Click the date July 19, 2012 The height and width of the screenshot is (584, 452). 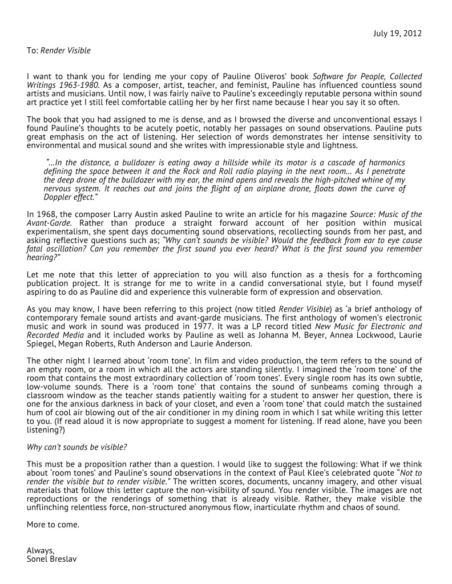click(x=398, y=33)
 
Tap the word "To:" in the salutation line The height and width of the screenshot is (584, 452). click(x=32, y=51)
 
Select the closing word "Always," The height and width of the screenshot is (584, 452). click(x=41, y=550)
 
